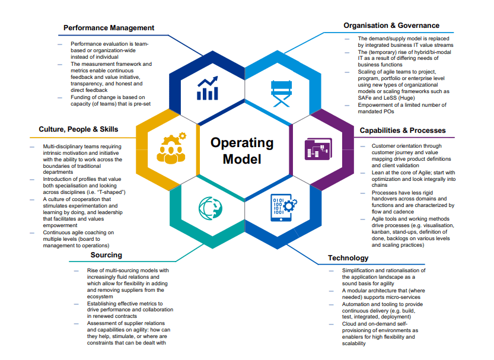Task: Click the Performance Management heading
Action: click(x=109, y=28)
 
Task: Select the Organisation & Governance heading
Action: click(x=391, y=26)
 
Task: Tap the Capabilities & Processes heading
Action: click(x=403, y=130)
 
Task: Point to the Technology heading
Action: click(x=348, y=258)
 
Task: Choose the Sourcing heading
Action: click(x=106, y=255)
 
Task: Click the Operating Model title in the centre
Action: click(x=242, y=151)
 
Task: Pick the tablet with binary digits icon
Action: click(x=283, y=208)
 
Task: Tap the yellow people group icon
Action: click(x=170, y=148)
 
